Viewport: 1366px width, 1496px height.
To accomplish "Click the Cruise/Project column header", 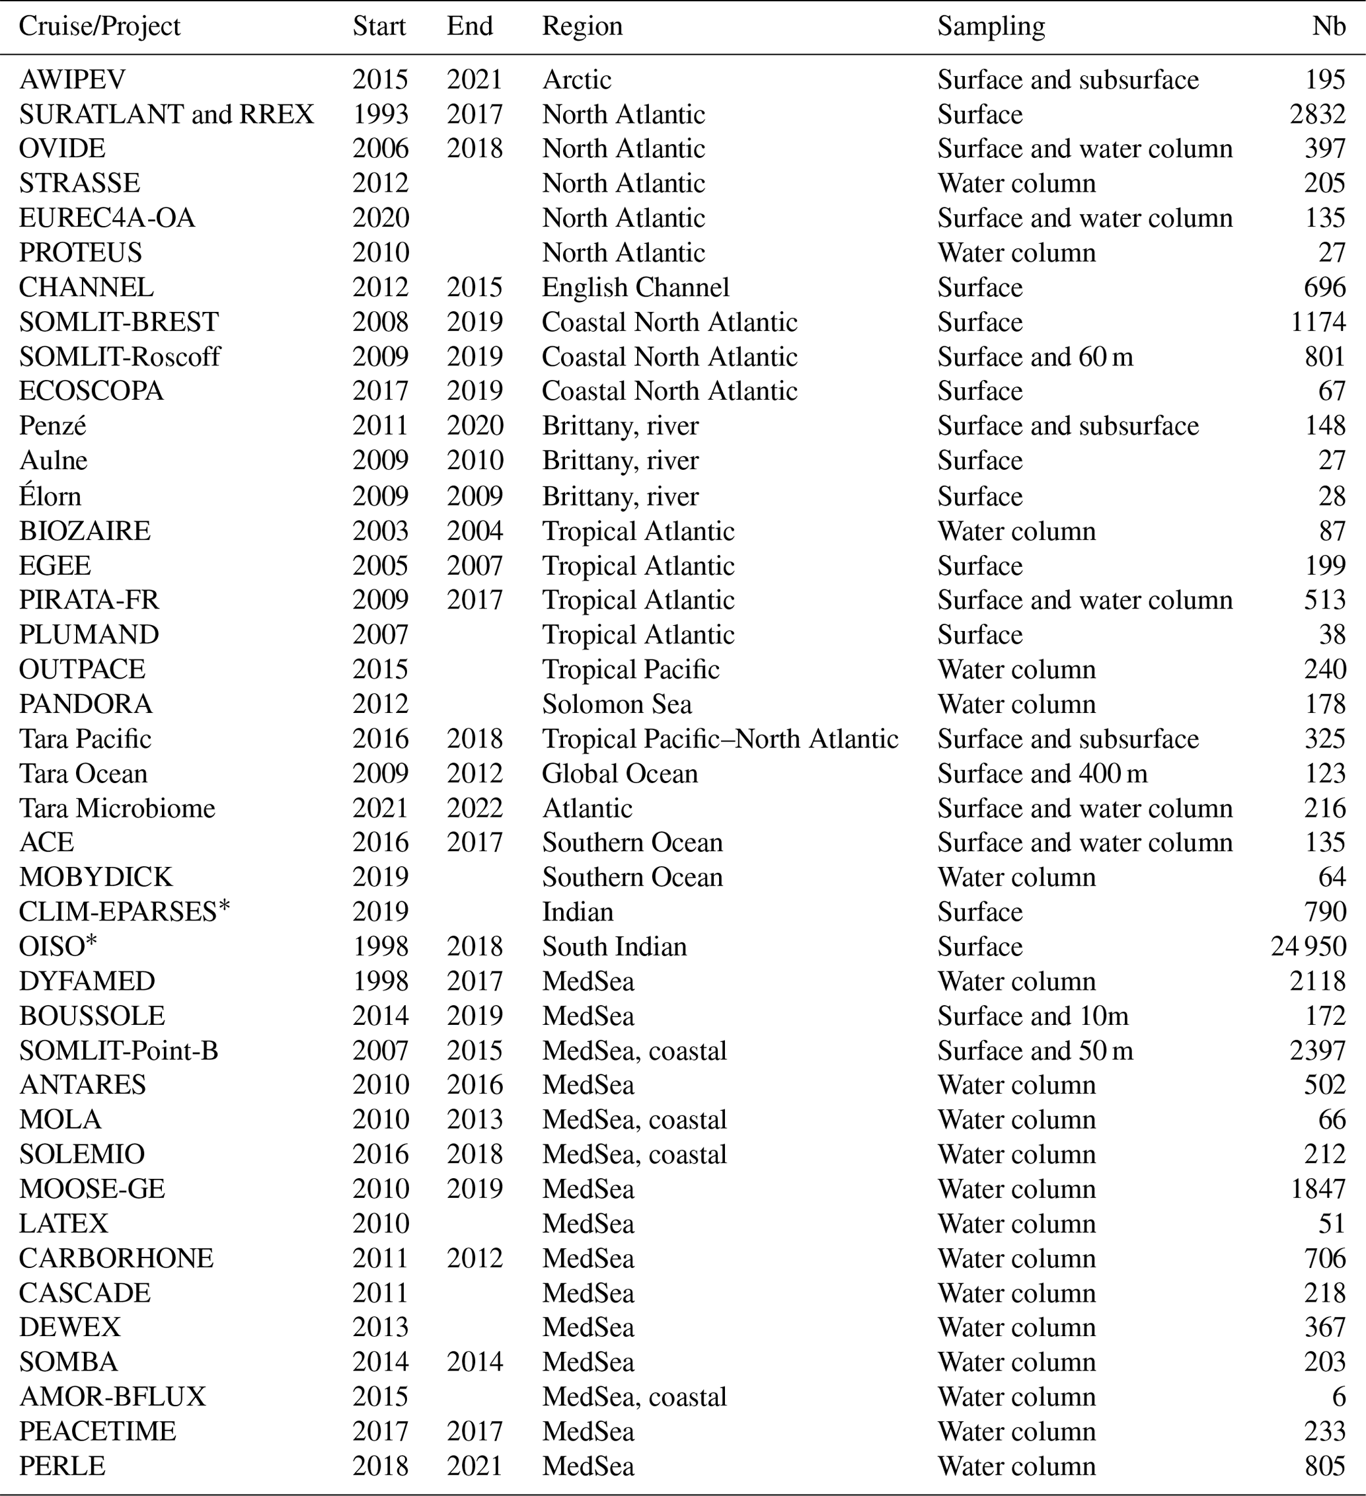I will pos(99,26).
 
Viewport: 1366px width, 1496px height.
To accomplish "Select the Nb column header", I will pos(1328,26).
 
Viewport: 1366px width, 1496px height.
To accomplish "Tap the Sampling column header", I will pos(991,26).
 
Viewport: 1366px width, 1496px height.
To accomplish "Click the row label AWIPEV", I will pos(72,79).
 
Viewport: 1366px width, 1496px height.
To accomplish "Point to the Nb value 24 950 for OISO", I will pos(1308,946).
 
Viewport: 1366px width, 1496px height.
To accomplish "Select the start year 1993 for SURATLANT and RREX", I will pos(380,114).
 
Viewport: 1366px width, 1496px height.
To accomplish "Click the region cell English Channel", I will pos(635,287).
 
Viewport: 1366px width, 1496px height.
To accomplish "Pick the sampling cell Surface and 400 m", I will pos(1042,773).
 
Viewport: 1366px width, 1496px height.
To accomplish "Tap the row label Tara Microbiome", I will pos(116,808).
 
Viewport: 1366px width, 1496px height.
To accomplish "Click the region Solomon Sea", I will pos(617,704).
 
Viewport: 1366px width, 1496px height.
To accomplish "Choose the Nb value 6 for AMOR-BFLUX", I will pos(1338,1397).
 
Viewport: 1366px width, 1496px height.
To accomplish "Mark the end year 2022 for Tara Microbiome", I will pos(475,808).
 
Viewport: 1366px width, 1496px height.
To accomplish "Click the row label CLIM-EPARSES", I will pos(124,911).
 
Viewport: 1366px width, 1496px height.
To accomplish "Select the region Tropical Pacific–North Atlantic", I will pos(720,738).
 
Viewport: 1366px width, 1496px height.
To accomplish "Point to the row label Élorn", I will pos(50,496).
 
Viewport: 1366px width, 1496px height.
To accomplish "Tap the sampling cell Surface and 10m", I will pos(1032,1015).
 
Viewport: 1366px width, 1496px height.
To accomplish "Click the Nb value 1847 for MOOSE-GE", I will pos(1318,1189).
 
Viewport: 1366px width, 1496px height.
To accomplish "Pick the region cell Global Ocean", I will pos(620,773).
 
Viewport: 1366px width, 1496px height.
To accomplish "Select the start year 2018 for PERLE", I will pos(380,1466).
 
